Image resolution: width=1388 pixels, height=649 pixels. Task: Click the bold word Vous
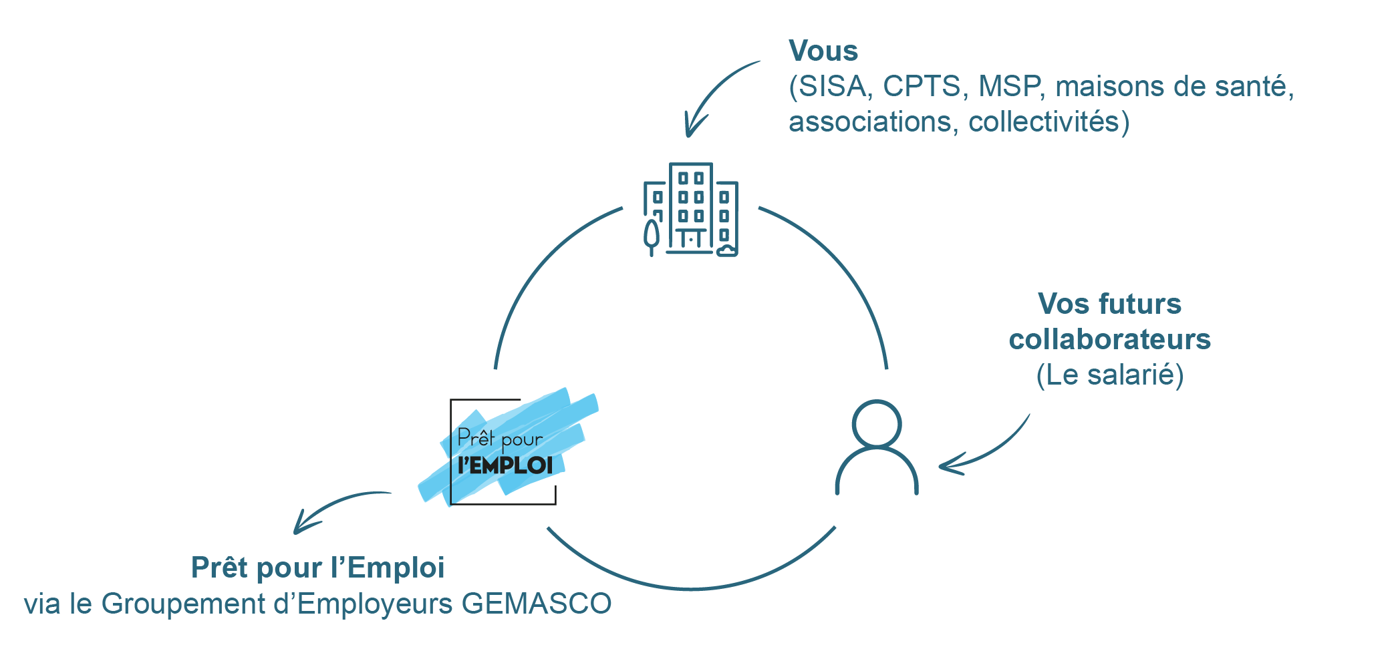pos(823,51)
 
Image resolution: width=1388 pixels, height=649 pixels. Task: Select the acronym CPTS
pos(922,87)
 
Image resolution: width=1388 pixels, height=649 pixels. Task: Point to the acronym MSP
pos(1009,87)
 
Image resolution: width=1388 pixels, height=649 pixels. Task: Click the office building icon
pos(692,209)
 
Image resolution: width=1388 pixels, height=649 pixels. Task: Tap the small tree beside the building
pos(651,237)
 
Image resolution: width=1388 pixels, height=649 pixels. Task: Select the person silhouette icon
pos(877,447)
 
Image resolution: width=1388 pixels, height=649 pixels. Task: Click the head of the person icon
pos(877,423)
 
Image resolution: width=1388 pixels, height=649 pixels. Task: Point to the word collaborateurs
pos(1109,339)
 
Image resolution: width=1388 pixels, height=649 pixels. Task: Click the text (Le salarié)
pos(1109,375)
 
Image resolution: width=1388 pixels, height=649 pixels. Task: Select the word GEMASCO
pos(536,604)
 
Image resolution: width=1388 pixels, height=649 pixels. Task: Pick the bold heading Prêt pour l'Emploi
pos(317,568)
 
